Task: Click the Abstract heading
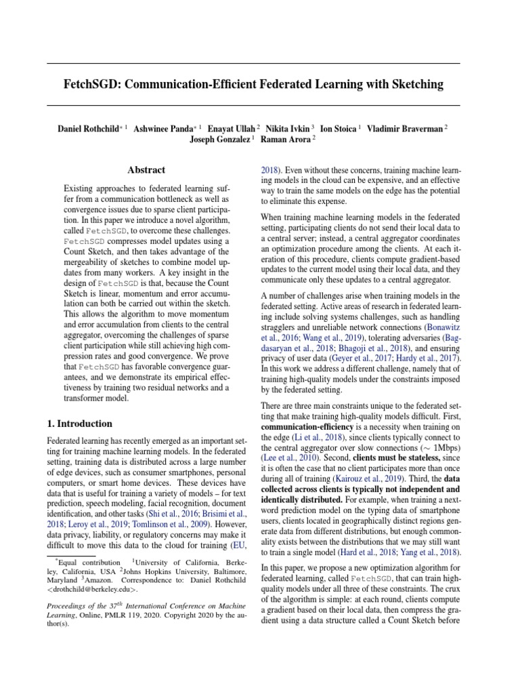point(147,170)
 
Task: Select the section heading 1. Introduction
point(80,424)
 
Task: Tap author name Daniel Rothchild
point(87,127)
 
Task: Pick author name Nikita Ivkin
point(288,127)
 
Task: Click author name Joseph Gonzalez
point(219,140)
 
